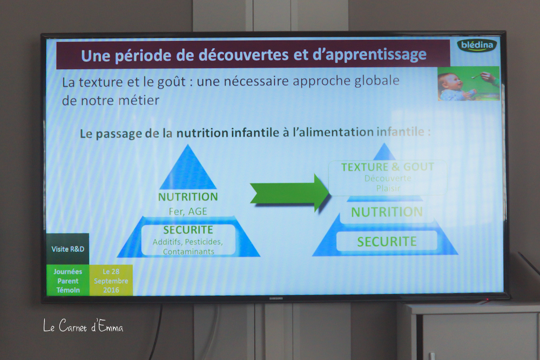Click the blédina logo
477,45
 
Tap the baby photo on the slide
468,84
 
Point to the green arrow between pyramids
290,193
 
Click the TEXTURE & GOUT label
387,167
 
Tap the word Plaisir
388,188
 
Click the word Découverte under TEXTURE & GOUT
388,178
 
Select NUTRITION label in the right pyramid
387,212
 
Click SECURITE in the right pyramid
387,242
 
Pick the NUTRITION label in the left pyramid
188,197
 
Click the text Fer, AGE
188,212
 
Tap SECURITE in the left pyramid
188,229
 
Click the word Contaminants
188,252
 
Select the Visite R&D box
68,249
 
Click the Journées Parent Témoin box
68,281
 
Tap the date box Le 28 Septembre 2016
111,281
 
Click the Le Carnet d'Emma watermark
83,325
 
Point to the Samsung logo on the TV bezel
276,298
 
